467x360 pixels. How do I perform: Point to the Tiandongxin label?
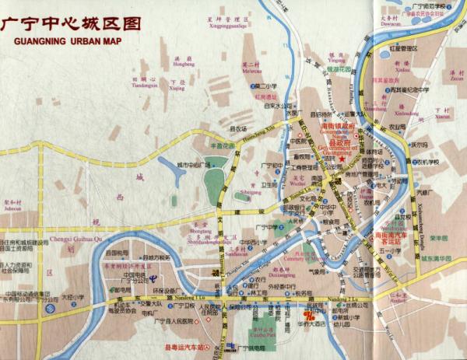point(145,82)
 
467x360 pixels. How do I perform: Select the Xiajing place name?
point(177,88)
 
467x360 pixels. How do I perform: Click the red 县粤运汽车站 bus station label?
point(187,348)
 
